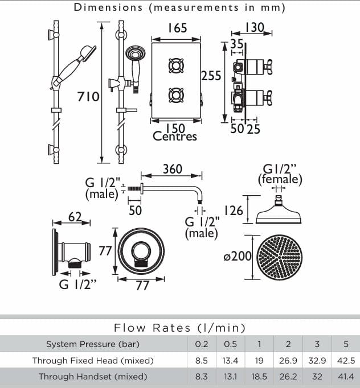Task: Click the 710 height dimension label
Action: point(88,97)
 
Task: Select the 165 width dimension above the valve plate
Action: point(177,28)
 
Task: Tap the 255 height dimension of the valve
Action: point(211,76)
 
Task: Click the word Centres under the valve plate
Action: point(175,137)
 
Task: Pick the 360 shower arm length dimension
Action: point(172,169)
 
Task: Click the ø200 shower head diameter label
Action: point(238,257)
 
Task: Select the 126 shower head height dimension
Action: point(233,211)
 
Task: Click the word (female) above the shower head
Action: point(280,180)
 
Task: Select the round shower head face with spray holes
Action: point(280,257)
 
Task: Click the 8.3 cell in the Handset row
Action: point(202,376)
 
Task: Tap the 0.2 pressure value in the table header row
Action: point(202,344)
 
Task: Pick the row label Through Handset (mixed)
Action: point(92,376)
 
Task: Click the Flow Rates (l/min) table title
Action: point(179,328)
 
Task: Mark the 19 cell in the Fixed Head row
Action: point(259,360)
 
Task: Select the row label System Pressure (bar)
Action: point(92,344)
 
